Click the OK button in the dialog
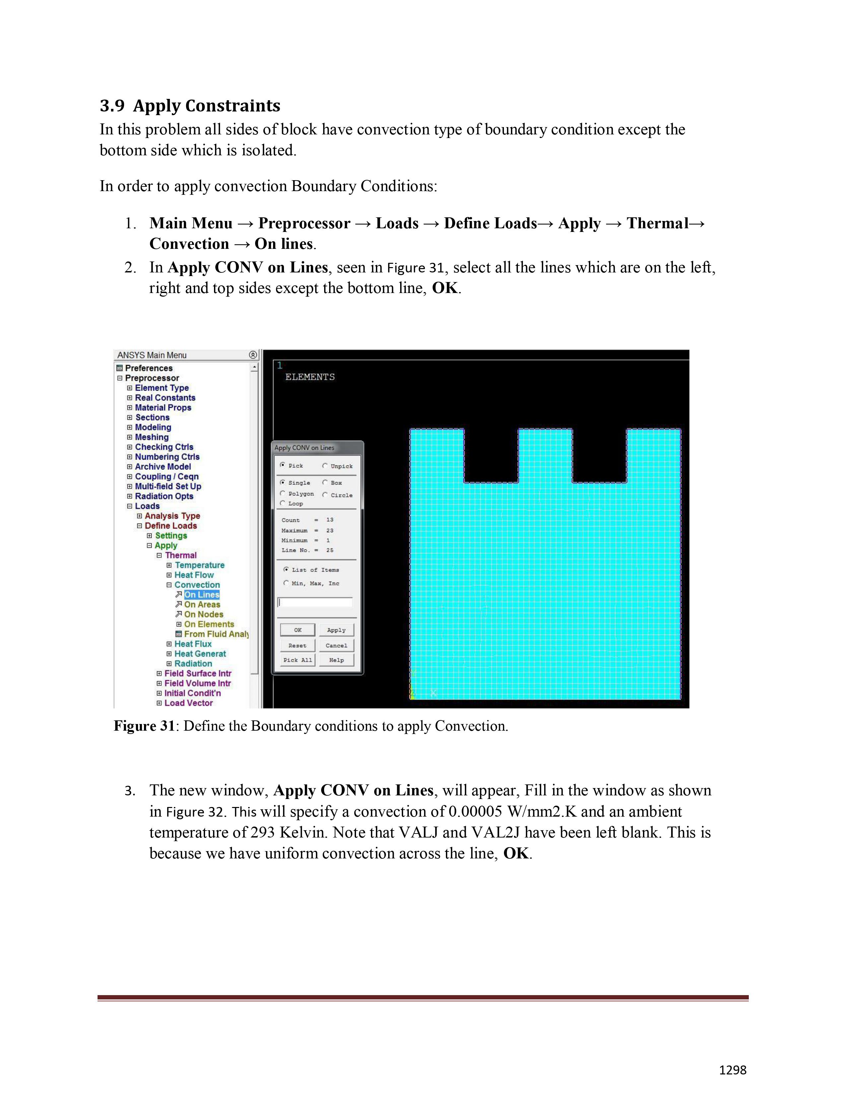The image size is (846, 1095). tap(297, 630)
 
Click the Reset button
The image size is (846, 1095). tap(297, 645)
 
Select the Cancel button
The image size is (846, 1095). tap(336, 645)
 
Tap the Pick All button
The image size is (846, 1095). tap(297, 660)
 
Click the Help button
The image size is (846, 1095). tap(336, 660)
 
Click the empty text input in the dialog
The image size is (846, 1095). tap(315, 602)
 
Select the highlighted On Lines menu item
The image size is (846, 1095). tap(201, 595)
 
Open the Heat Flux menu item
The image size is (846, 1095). tap(193, 644)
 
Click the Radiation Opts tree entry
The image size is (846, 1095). tap(164, 496)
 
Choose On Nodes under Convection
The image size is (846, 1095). tap(203, 614)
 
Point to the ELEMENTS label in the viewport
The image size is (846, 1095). tap(310, 377)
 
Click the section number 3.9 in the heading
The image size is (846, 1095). tap(112, 106)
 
